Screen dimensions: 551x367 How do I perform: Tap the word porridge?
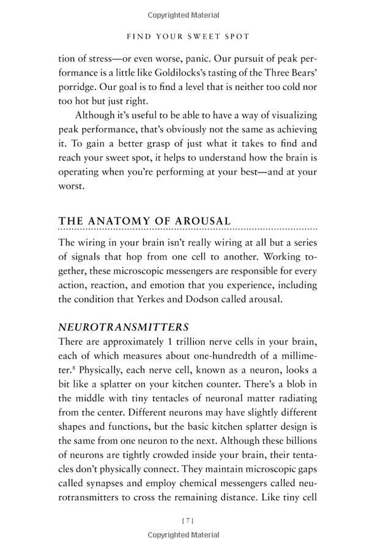point(78,88)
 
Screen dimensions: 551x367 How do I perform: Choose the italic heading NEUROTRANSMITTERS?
point(123,328)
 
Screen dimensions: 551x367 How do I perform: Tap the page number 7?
point(188,520)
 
